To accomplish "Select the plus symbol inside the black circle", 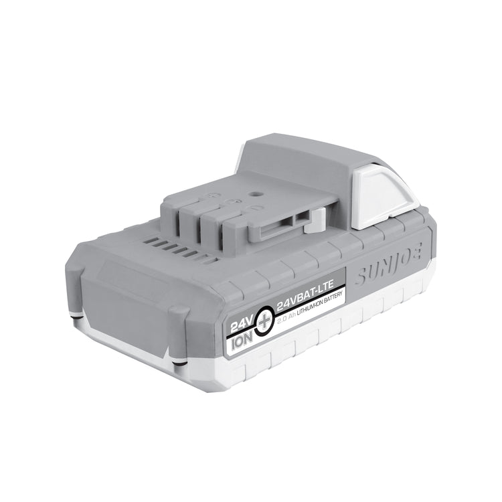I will coord(264,318).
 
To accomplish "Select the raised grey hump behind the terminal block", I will coord(295,161).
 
